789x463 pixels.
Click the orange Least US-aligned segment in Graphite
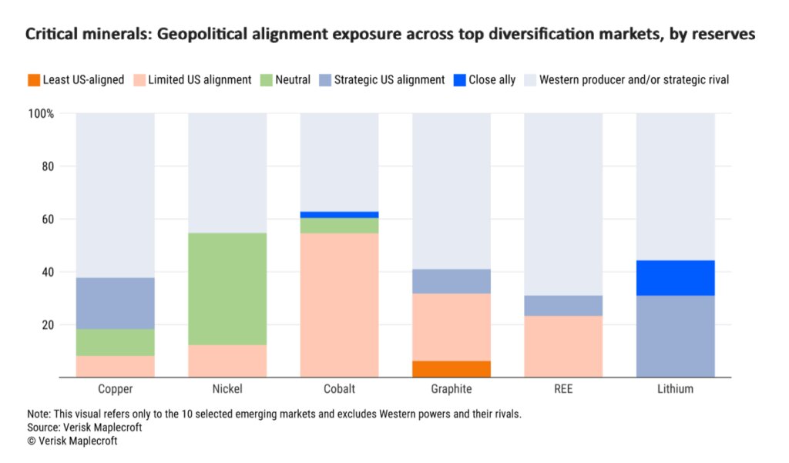452,369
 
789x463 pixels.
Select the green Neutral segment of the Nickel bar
227,289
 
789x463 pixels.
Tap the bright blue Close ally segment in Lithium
676,278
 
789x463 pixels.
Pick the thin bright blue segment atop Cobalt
339,215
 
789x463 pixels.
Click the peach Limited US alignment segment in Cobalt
339,305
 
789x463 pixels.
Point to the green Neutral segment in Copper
115,342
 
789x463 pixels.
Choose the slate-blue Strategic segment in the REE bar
563,306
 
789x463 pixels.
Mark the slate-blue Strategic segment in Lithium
676,337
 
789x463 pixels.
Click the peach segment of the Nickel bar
227,361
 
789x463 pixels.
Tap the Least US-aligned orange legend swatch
33,79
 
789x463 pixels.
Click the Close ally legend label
491,79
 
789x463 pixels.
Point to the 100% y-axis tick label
41,114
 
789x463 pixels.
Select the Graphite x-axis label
452,389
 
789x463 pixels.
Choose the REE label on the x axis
563,389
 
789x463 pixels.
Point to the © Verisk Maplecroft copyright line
72,441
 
